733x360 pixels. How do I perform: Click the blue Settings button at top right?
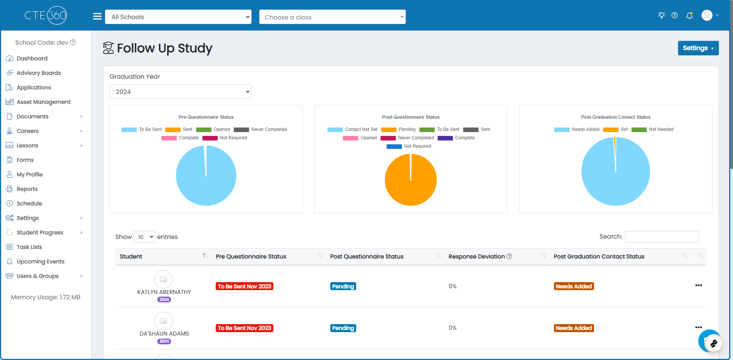(x=698, y=48)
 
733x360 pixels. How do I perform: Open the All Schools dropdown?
(x=178, y=17)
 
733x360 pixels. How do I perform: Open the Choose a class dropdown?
(x=332, y=17)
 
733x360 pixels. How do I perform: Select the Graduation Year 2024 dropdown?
(x=180, y=92)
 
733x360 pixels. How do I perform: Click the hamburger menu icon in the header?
(x=97, y=16)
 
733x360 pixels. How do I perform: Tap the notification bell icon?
(x=689, y=15)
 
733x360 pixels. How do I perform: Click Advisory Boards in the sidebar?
(x=39, y=73)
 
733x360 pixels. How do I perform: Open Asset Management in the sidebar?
(x=44, y=102)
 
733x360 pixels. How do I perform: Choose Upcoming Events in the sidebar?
(x=40, y=262)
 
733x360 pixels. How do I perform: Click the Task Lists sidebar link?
(x=29, y=247)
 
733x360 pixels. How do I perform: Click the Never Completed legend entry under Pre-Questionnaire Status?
(x=260, y=129)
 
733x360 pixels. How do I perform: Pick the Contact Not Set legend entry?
(x=352, y=129)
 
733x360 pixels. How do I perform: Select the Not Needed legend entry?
(x=652, y=129)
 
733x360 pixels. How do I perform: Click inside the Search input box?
(x=662, y=237)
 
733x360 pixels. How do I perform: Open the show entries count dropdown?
(x=144, y=237)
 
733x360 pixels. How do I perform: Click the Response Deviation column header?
(x=476, y=257)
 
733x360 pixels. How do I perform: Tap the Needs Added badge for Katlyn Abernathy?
(x=574, y=286)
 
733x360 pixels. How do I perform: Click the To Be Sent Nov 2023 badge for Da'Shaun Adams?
(x=244, y=328)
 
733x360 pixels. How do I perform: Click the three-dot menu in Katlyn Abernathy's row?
(x=699, y=286)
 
